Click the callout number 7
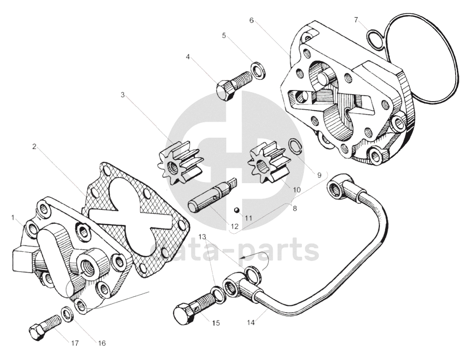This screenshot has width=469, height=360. click(x=356, y=20)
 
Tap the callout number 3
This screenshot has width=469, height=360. click(x=123, y=95)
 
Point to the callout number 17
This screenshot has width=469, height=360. click(x=75, y=343)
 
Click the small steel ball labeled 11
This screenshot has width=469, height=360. click(x=237, y=209)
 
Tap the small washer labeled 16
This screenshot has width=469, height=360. click(x=67, y=313)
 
